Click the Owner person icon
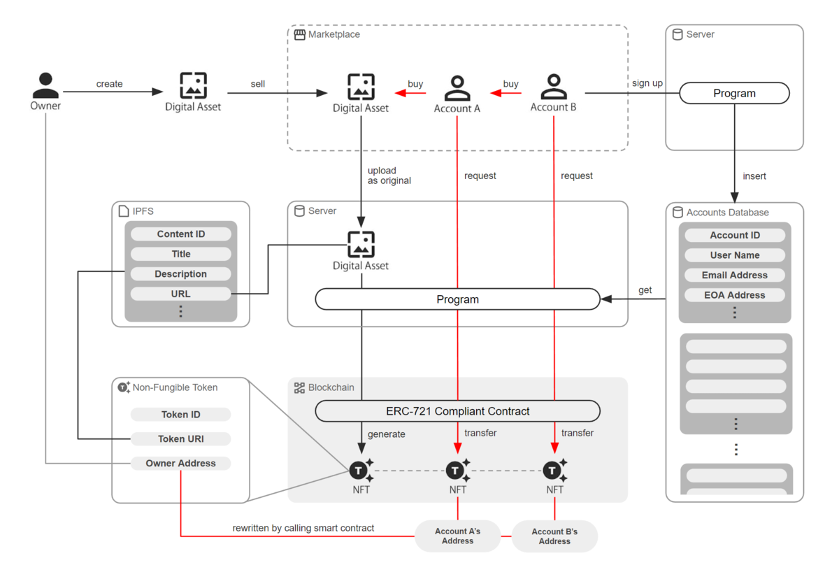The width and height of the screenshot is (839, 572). click(45, 86)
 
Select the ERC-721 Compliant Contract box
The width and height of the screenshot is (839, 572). click(457, 411)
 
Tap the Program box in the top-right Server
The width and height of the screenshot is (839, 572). click(734, 94)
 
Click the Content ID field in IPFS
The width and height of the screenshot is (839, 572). click(180, 234)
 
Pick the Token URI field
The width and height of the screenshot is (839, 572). click(180, 439)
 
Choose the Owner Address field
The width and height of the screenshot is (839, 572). click(180, 464)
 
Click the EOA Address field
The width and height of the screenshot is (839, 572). click(734, 295)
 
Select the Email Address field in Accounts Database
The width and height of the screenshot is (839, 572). click(734, 276)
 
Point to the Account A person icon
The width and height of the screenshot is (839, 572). click(457, 88)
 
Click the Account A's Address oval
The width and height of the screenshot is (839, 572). click(457, 536)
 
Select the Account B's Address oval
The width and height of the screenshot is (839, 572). click(554, 536)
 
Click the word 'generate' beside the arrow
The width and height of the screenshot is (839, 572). click(386, 434)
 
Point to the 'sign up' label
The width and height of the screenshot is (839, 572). click(647, 83)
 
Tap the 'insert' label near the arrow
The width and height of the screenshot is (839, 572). click(754, 176)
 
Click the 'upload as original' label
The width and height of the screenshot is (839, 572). click(389, 176)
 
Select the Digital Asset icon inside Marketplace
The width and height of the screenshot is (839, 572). click(361, 87)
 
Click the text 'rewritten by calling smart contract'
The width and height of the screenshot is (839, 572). click(303, 528)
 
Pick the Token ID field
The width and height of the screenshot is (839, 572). click(180, 415)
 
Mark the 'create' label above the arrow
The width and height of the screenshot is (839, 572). click(109, 84)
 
